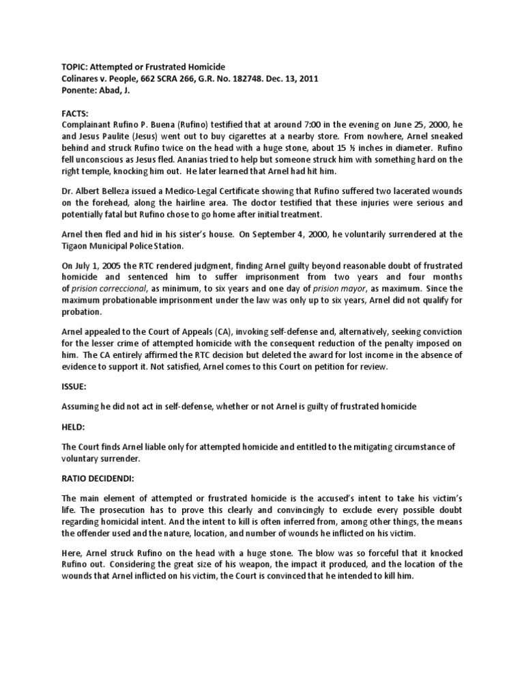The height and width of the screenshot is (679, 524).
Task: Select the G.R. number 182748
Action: click(x=249, y=78)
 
